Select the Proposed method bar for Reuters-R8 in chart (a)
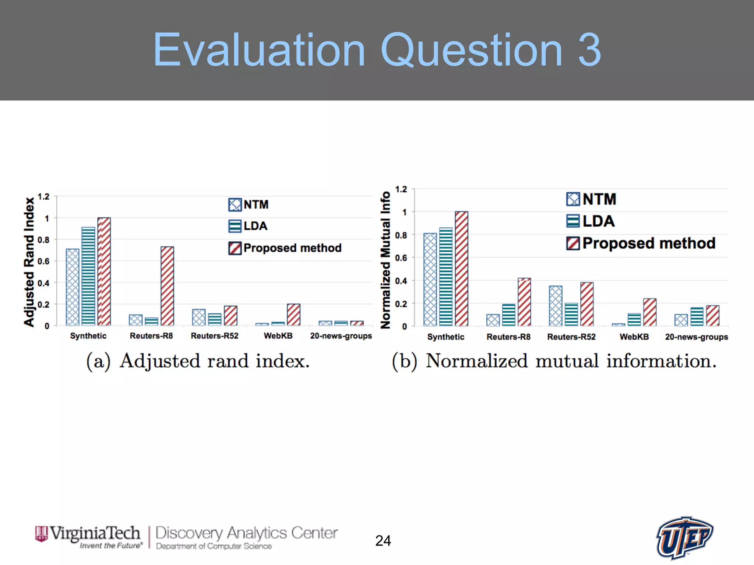[x=167, y=286]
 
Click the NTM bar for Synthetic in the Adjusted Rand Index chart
[x=73, y=287]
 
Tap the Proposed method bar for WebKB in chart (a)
[x=293, y=315]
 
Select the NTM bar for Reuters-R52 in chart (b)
[x=556, y=306]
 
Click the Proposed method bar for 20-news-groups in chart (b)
[x=712, y=316]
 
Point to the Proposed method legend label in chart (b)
[x=648, y=243]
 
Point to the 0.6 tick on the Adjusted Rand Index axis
[x=43, y=262]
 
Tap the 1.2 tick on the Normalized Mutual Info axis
[x=401, y=189]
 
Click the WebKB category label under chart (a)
[x=278, y=336]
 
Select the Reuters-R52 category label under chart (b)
[x=571, y=337]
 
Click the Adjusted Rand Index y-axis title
[x=29, y=262]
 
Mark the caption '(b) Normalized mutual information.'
[x=554, y=361]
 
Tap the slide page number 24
[x=383, y=541]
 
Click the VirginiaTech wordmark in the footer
[x=95, y=533]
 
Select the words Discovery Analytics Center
[x=246, y=533]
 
